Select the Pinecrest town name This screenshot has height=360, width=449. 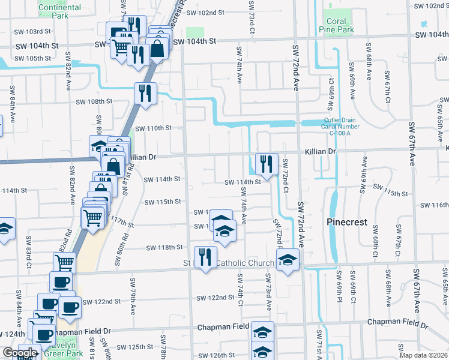point(346,222)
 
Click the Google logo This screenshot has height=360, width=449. point(19,353)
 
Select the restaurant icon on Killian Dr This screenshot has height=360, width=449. point(265,163)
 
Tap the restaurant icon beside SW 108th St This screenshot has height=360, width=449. point(145,92)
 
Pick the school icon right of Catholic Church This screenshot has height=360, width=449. point(288,260)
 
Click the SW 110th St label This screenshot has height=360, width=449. point(153,128)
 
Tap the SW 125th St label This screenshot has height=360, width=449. point(136,347)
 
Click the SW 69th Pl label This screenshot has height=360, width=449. point(339,289)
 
